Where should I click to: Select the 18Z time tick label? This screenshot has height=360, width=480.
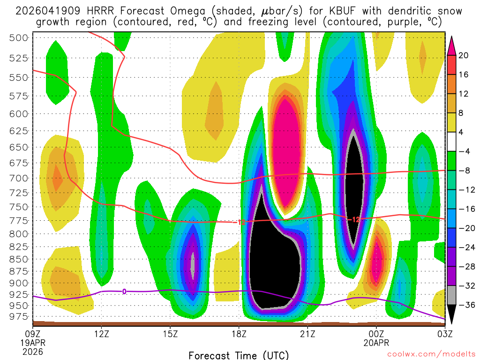(239, 334)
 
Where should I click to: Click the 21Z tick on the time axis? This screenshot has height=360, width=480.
(308, 334)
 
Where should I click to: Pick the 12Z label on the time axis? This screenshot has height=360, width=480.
(102, 334)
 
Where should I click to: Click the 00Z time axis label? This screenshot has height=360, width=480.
(376, 334)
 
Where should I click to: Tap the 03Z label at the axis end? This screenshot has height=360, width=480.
(445, 334)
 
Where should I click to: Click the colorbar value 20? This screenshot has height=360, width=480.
(464, 55)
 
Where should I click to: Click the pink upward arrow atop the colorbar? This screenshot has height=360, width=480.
(452, 45)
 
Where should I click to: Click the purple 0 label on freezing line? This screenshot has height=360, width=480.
(124, 292)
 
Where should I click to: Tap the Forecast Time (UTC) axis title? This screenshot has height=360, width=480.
(239, 355)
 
